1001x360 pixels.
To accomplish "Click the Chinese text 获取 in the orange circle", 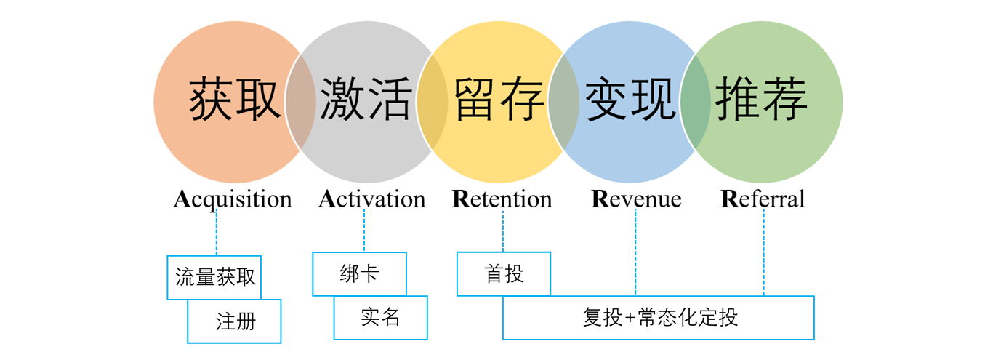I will [x=235, y=100].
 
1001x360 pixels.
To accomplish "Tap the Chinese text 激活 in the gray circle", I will [x=366, y=100].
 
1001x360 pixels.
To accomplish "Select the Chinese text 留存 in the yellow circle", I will [x=499, y=100].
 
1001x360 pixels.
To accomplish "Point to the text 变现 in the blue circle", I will [x=630, y=100].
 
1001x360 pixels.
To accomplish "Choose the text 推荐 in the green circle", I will [x=762, y=100].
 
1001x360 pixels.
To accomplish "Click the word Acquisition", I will [x=232, y=199].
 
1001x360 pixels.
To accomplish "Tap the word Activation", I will [x=371, y=199].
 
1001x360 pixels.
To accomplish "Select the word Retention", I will [x=502, y=199].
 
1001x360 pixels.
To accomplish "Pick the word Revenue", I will [x=636, y=199].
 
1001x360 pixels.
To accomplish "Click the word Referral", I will [x=763, y=199].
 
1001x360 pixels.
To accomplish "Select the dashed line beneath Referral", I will [x=764, y=251].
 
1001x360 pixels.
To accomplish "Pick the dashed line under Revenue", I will [x=636, y=251].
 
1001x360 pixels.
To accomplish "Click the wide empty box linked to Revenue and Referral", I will [x=658, y=318].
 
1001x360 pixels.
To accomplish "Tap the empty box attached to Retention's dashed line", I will [x=503, y=273].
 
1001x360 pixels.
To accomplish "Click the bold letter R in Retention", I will [x=459, y=199].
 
